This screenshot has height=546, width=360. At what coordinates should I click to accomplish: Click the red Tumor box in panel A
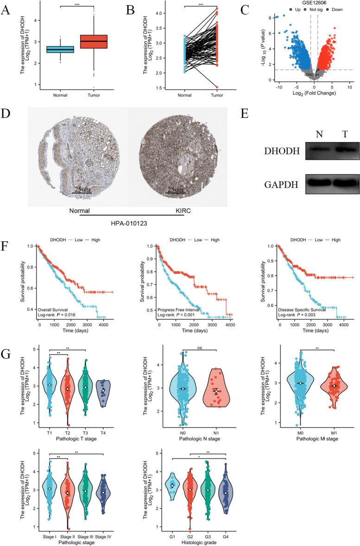[x=94, y=41]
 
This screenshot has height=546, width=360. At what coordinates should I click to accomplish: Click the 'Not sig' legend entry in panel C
[x=312, y=9]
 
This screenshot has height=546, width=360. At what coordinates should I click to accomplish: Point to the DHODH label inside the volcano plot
[x=313, y=74]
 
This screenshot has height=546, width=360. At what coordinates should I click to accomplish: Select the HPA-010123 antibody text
[x=129, y=222]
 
